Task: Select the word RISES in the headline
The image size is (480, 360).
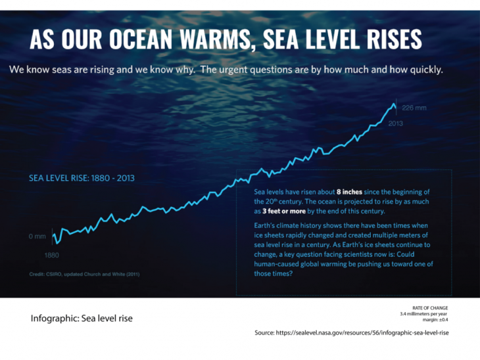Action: click(387, 39)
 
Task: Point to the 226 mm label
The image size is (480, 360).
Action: click(414, 108)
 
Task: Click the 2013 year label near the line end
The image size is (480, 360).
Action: click(396, 123)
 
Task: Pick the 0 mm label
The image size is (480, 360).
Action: click(37, 236)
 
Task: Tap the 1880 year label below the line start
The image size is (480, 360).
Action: click(53, 254)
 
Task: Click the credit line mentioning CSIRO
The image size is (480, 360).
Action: click(84, 274)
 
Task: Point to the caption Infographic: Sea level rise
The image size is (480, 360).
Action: click(82, 319)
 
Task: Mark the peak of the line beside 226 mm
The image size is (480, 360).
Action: click(395, 103)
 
